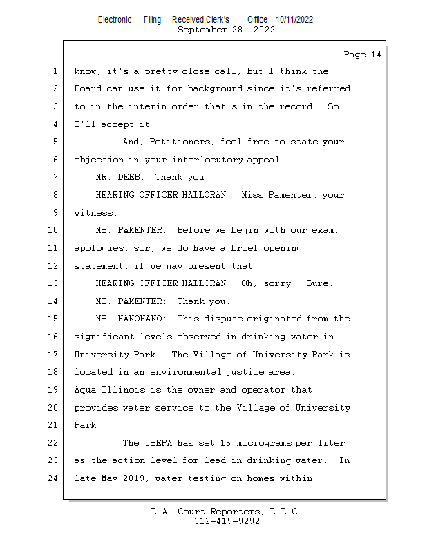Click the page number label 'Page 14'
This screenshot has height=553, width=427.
click(362, 55)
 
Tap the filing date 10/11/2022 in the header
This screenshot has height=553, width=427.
click(294, 19)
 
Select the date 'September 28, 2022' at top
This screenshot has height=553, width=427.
click(226, 30)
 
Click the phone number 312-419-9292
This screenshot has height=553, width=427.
click(227, 522)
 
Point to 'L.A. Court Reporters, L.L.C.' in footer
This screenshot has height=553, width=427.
click(226, 512)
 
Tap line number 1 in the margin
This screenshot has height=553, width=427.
click(55, 71)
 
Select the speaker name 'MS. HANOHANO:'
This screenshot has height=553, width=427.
click(131, 319)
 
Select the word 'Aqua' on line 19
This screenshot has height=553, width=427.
click(85, 389)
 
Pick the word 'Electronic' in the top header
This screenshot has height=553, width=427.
click(115, 19)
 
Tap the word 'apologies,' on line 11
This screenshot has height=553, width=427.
click(101, 248)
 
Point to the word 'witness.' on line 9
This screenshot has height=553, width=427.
click(95, 213)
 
